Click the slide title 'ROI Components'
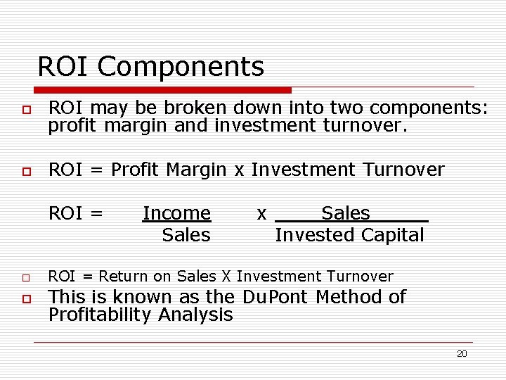click(x=150, y=67)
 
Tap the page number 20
click(x=462, y=354)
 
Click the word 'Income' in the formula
click(x=176, y=213)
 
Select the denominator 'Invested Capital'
click(x=349, y=235)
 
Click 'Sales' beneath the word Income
click(x=186, y=235)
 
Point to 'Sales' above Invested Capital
click(x=345, y=213)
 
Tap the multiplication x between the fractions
click(x=261, y=213)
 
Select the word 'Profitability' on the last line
click(x=100, y=315)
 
